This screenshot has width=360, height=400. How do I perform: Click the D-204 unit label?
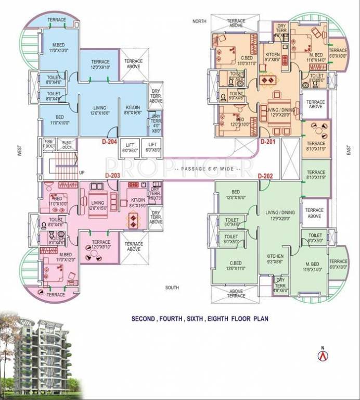[109, 141]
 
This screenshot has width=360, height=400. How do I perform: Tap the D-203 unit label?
[113, 176]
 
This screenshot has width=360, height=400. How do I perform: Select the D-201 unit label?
[267, 141]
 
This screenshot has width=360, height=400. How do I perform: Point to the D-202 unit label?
[266, 176]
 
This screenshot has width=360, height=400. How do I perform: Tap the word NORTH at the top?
[200, 21]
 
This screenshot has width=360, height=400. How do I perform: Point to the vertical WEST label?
[19, 151]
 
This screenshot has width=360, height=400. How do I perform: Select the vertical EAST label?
[348, 151]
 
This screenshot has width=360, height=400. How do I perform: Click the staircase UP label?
[81, 172]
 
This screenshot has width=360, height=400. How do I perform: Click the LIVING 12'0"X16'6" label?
[93, 110]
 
